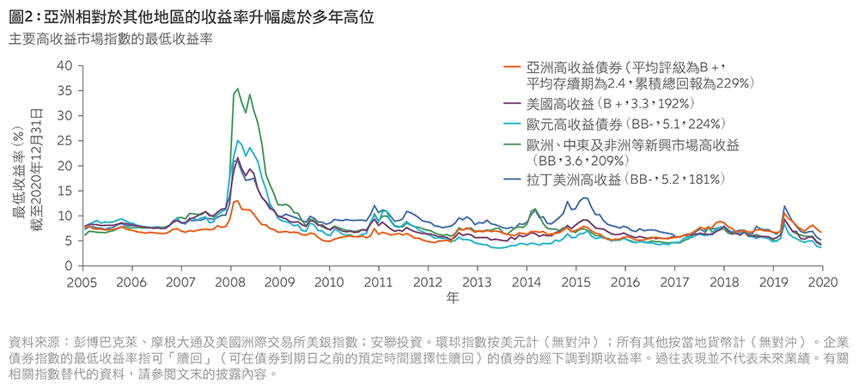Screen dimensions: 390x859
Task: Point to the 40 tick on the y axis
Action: pos(65,65)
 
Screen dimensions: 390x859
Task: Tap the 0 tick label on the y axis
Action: pos(69,266)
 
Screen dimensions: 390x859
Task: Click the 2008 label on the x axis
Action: pos(229,281)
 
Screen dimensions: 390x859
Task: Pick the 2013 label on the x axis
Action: pos(477,281)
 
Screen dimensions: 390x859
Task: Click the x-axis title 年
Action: pos(453,298)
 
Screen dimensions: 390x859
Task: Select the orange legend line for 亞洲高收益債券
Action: pos(513,67)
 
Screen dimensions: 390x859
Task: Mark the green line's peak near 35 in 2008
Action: pos(238,88)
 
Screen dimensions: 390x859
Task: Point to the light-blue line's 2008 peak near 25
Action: pos(238,140)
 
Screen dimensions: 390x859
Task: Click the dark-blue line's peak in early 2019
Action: pos(784,206)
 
